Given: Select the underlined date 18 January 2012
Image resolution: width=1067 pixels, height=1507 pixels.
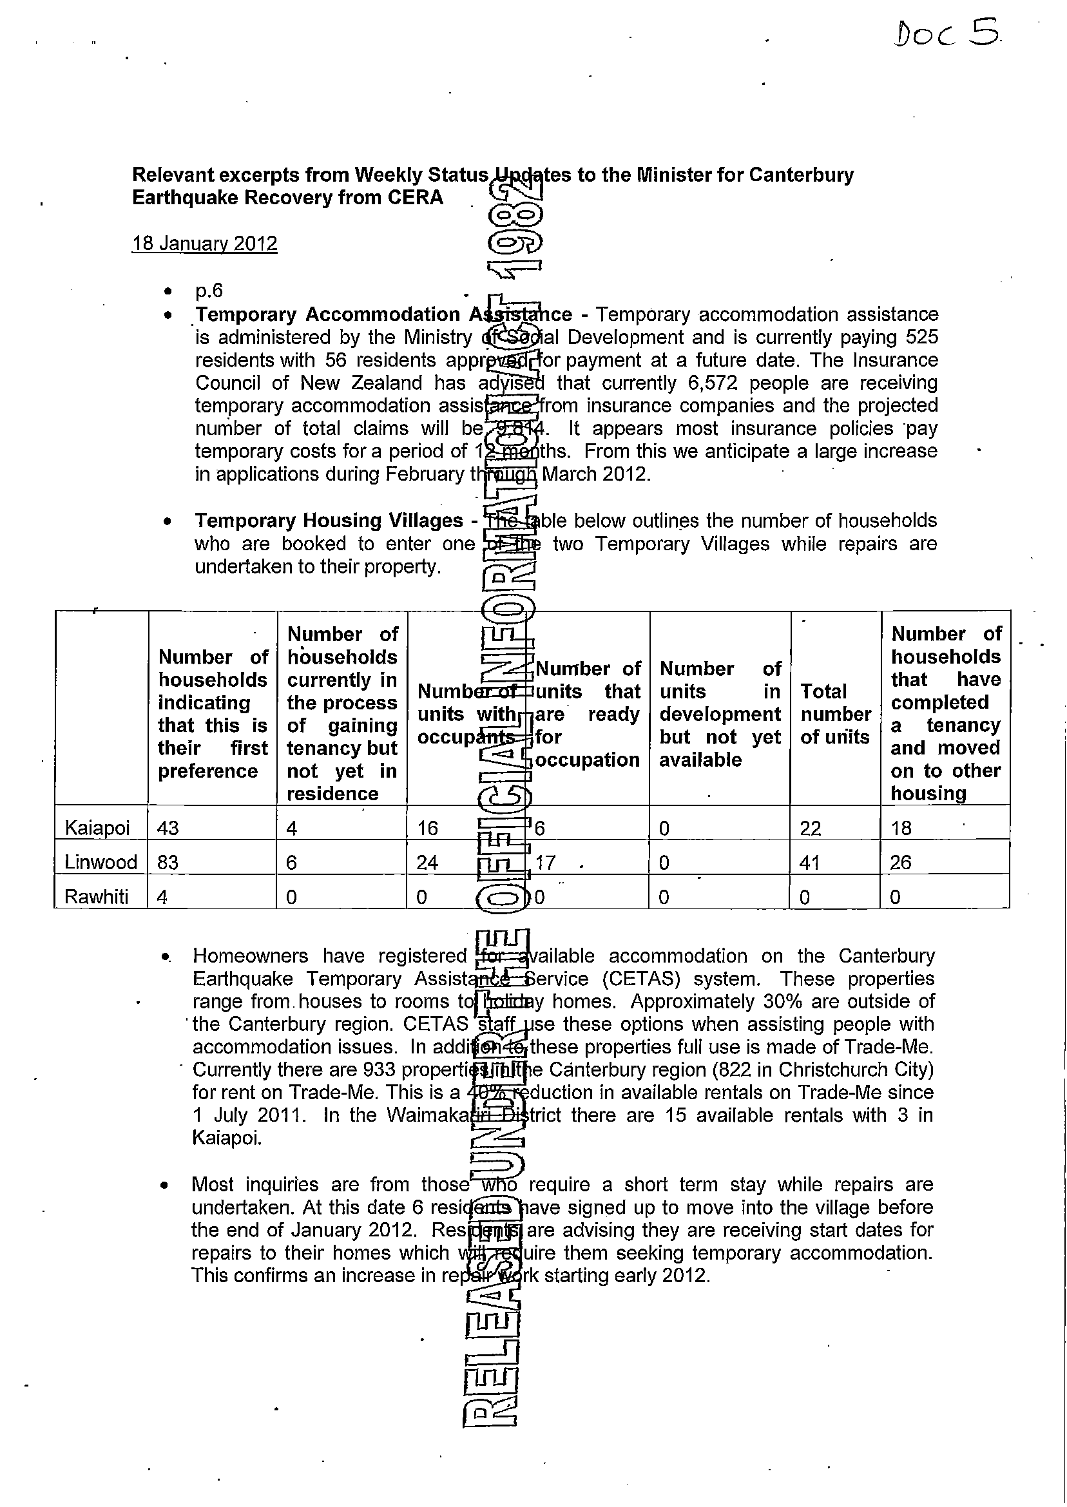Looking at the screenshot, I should click(204, 244).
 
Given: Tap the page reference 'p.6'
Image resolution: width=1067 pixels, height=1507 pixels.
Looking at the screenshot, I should click(209, 291).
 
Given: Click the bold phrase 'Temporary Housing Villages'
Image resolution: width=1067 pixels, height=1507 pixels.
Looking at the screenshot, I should click(329, 521).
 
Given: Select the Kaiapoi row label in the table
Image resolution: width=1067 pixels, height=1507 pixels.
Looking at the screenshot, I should click(97, 828).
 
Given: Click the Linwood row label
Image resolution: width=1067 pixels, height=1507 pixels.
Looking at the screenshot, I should click(101, 862).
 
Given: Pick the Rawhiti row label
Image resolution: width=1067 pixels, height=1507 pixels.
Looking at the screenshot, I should click(97, 897).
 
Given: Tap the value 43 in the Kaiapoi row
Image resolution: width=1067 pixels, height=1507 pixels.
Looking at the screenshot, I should click(168, 828).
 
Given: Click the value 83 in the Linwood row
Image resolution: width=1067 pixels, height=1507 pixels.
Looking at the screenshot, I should click(168, 862).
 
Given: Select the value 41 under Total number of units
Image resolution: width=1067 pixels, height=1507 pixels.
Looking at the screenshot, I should click(810, 862).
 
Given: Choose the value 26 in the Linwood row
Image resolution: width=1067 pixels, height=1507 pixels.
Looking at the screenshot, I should click(901, 862).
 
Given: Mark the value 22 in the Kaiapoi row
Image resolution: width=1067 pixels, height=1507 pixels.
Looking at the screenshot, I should click(810, 828).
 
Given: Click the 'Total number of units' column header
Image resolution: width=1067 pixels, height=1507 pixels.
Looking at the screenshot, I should click(835, 714).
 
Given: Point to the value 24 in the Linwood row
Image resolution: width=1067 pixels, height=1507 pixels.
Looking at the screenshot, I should click(428, 862).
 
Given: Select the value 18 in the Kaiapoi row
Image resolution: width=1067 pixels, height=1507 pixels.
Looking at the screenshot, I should click(901, 828).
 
